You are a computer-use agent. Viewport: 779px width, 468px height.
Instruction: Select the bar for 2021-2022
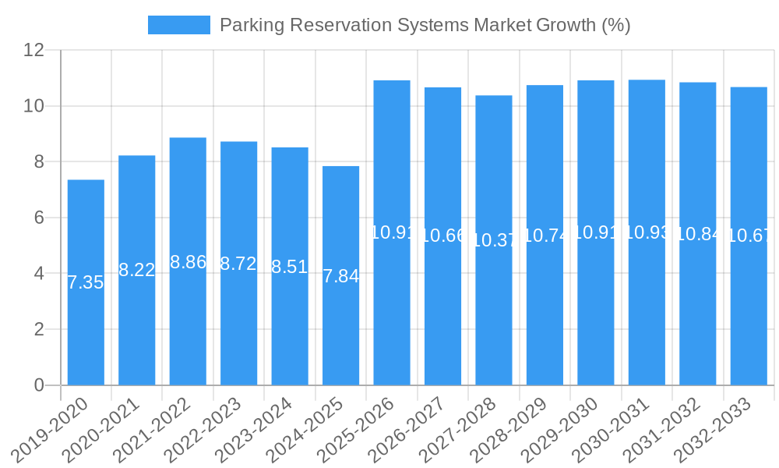click(188, 328)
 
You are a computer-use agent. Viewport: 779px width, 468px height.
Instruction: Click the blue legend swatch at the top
click(178, 25)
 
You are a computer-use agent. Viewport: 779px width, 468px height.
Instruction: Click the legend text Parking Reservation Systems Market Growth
click(425, 25)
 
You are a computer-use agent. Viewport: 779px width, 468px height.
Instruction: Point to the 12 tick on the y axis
click(34, 50)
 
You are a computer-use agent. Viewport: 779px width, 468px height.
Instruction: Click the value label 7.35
click(86, 282)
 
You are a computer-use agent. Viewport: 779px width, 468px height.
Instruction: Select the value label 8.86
click(188, 262)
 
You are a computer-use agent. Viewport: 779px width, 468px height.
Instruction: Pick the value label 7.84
click(341, 276)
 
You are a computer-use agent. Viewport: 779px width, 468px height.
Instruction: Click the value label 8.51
click(290, 267)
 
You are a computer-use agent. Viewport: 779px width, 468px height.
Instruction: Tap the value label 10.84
click(698, 234)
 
